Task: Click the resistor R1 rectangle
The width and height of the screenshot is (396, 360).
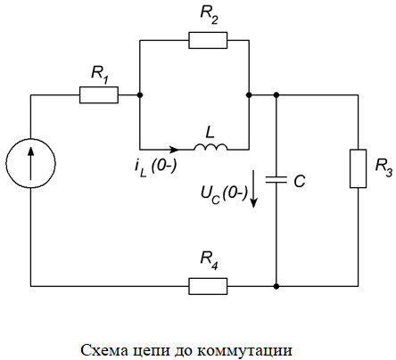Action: [x=99, y=95]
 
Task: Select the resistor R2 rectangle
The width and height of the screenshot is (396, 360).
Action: [x=208, y=40]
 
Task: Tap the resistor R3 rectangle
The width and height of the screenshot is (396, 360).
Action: [x=358, y=168]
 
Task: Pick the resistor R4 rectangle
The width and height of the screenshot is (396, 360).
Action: [x=208, y=286]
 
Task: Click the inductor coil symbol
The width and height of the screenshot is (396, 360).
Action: [x=210, y=146]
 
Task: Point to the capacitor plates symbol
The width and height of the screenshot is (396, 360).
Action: [x=276, y=179]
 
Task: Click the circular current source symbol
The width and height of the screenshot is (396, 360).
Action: [x=30, y=163]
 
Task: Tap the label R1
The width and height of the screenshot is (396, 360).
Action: [x=100, y=74]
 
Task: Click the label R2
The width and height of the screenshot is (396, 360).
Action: [x=210, y=14]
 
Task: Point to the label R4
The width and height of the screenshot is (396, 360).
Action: [x=210, y=260]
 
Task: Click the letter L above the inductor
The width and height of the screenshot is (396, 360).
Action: [x=210, y=133]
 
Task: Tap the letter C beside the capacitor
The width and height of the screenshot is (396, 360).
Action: [x=300, y=181]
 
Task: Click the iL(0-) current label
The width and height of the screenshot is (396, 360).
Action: [x=155, y=168]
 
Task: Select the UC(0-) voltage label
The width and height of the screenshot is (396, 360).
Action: [x=224, y=195]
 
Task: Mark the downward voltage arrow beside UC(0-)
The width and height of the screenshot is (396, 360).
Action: [x=253, y=189]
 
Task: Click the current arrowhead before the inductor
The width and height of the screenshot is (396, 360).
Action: [x=174, y=149]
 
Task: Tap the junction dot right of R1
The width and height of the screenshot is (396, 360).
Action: [x=140, y=95]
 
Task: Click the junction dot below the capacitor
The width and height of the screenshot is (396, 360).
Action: [x=276, y=286]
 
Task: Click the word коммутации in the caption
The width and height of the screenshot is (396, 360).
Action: [x=244, y=350]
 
